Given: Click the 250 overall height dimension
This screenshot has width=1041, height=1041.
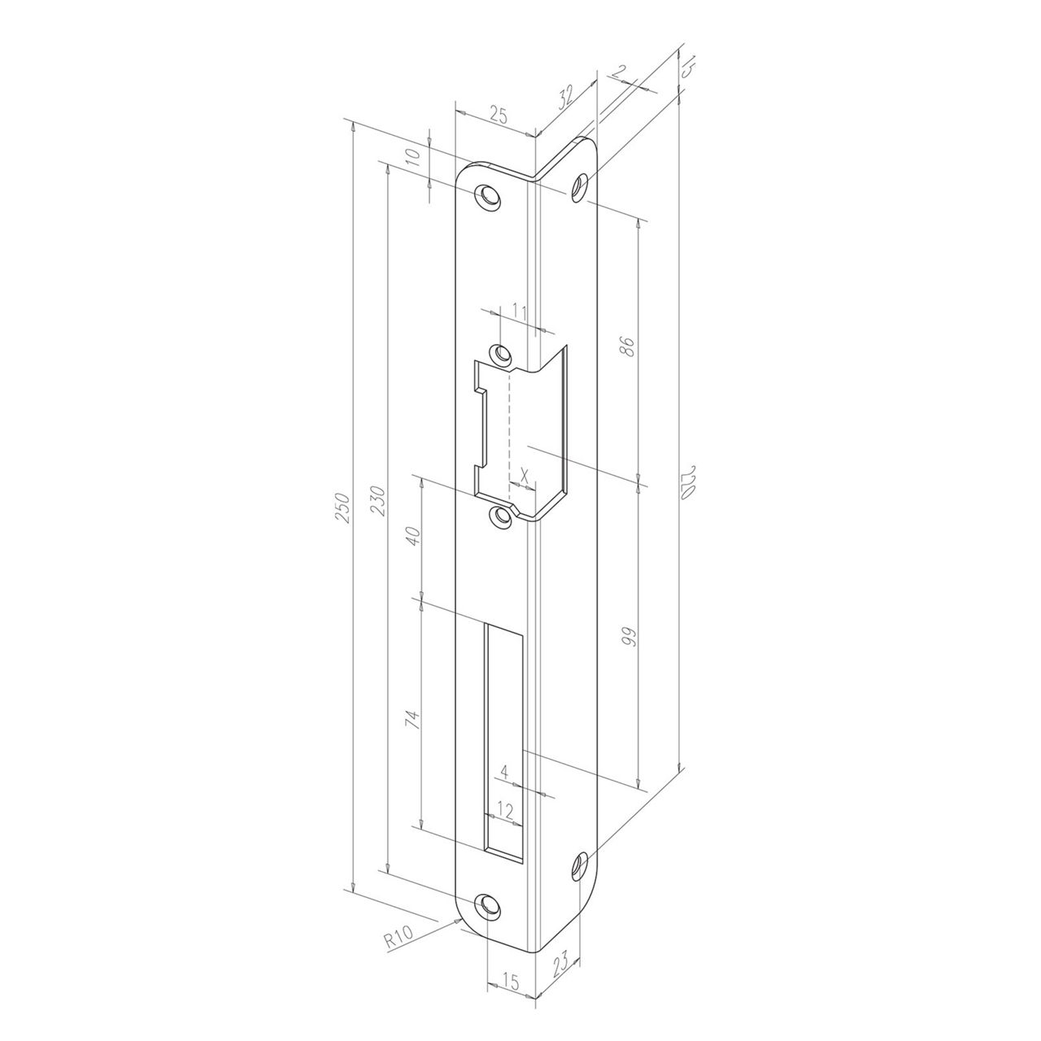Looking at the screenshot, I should tap(343, 508).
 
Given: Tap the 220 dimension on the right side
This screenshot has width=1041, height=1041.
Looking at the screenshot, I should tap(688, 481).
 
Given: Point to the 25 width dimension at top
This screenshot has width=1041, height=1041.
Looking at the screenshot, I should tap(498, 115).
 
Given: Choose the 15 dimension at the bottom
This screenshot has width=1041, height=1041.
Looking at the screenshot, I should tap(511, 982).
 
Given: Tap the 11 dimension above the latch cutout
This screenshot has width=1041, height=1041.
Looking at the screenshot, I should tap(520, 311).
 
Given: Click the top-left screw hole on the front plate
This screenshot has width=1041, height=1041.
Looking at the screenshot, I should tap(488, 196).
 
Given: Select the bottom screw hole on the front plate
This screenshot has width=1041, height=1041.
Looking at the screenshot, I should tap(488, 906).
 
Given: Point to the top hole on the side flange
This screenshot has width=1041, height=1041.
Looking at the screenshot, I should tap(580, 188).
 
